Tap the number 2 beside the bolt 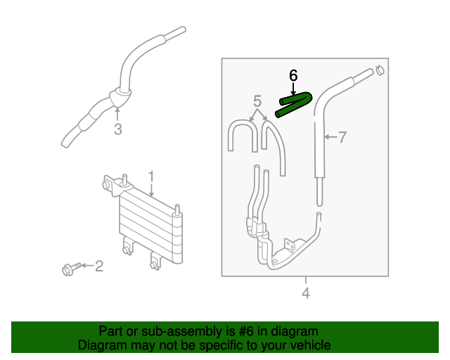99,266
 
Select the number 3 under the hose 117,129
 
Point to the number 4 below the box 305,292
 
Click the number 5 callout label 257,101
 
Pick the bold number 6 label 294,75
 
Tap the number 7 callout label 342,138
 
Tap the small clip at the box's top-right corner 379,70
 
